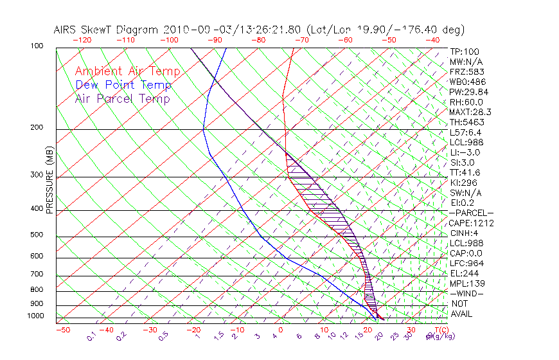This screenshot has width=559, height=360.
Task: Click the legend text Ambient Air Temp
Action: click(x=127, y=71)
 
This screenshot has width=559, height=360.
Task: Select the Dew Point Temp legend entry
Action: click(x=123, y=85)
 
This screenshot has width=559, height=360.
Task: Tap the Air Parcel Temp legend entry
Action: click(x=122, y=98)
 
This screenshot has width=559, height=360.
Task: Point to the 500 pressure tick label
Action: click(x=36, y=235)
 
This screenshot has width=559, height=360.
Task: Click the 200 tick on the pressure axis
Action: click(x=36, y=128)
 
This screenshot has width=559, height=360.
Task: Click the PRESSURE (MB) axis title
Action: click(x=50, y=183)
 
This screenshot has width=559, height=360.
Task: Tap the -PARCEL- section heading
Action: click(x=472, y=213)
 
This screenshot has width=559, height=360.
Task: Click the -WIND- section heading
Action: click(x=467, y=293)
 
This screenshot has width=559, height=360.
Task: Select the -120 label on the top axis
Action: click(x=82, y=40)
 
